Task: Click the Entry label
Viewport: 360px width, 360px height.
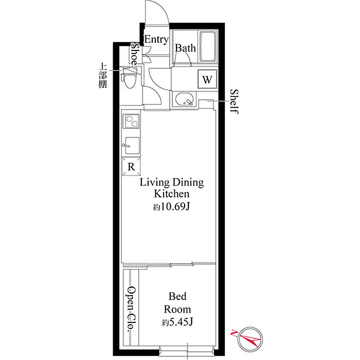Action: (x=156, y=40)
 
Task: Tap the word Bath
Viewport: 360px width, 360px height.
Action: (x=185, y=48)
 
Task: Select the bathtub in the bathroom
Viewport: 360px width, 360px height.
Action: (x=208, y=47)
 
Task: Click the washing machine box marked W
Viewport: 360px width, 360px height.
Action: (x=207, y=79)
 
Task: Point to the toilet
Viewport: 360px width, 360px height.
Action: (x=130, y=78)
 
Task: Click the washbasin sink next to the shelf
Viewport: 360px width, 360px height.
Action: (x=185, y=99)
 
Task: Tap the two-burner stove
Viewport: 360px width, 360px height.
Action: (x=131, y=121)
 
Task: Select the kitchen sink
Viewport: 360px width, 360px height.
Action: (x=132, y=146)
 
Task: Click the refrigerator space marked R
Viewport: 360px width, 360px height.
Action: (x=131, y=167)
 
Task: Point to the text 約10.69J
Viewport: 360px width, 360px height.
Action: (x=171, y=207)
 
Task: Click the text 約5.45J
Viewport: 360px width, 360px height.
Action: (x=177, y=322)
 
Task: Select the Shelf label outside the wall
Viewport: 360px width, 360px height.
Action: (x=234, y=101)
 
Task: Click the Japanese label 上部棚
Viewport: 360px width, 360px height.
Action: (x=103, y=76)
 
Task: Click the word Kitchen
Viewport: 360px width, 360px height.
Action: (x=171, y=193)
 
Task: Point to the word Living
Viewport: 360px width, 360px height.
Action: (x=154, y=183)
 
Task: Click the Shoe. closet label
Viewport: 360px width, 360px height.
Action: (x=135, y=55)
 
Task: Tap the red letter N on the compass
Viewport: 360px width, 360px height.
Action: (x=233, y=333)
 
